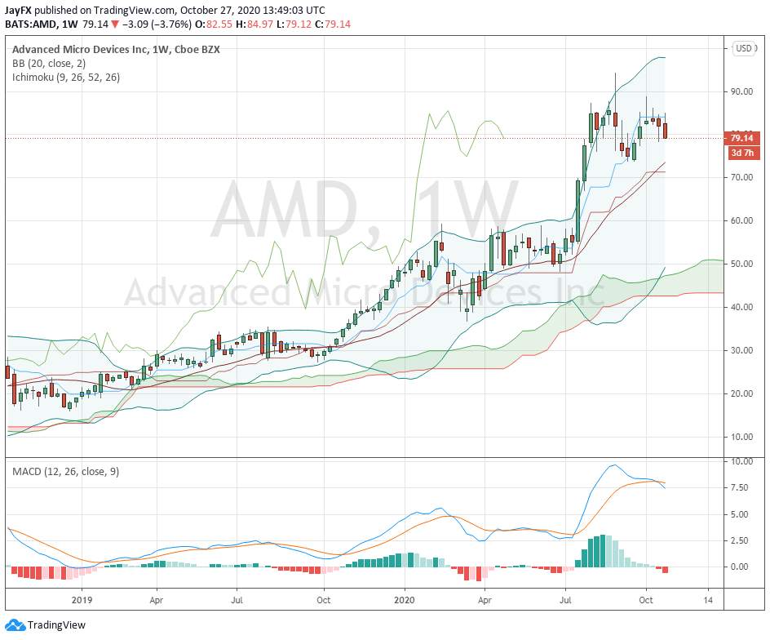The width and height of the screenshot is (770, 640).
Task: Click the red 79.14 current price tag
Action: [741, 138]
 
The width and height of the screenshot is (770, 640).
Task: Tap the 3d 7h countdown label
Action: [742, 153]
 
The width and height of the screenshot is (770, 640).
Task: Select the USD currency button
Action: [743, 48]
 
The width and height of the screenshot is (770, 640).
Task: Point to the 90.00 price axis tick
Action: [742, 91]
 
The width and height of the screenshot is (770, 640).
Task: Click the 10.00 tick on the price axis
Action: [742, 437]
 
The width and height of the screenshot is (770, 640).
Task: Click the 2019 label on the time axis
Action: [82, 600]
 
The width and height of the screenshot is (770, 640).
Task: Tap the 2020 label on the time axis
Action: [405, 600]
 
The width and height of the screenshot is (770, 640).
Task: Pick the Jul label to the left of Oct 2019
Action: [237, 600]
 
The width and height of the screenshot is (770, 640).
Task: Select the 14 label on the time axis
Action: [708, 600]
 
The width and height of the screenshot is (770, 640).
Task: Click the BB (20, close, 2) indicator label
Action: [49, 64]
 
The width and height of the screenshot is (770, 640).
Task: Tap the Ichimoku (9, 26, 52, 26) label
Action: [66, 78]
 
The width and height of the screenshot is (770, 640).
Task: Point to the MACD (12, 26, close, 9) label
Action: [66, 472]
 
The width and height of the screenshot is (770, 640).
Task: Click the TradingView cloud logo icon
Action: [15, 625]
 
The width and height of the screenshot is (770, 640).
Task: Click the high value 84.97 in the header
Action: [259, 24]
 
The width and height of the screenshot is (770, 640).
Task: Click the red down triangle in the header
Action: [115, 24]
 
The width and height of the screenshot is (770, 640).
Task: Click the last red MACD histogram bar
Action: [665, 570]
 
